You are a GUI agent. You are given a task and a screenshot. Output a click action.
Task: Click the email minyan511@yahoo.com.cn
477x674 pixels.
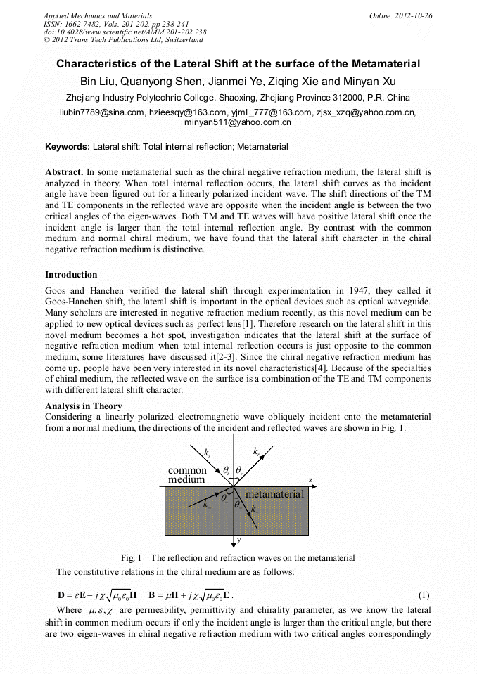tap(238, 122)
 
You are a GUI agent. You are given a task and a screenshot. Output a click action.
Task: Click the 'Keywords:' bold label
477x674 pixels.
tap(68, 147)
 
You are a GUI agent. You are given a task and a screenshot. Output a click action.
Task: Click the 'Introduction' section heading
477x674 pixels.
tap(71, 274)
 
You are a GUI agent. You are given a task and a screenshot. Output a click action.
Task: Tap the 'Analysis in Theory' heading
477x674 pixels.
tap(83, 406)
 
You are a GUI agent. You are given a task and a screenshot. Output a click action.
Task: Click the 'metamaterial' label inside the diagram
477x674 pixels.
tap(274, 494)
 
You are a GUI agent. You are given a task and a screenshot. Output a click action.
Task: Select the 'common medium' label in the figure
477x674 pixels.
tap(187, 474)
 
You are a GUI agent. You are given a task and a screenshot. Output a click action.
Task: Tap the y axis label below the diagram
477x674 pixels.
tap(239, 541)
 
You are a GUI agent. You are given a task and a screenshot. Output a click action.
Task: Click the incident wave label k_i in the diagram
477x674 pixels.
tap(205, 454)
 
